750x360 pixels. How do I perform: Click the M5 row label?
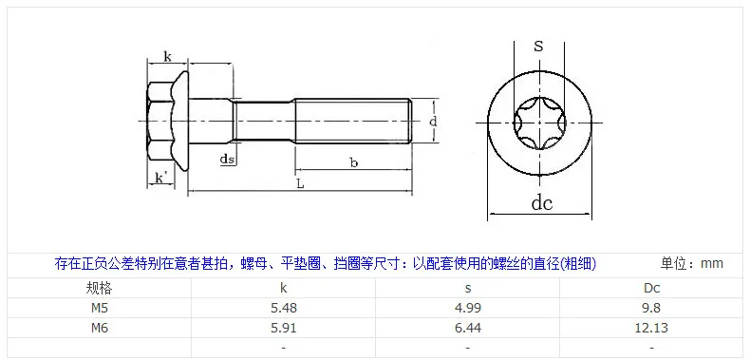[100, 308]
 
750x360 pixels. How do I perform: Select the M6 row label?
[100, 328]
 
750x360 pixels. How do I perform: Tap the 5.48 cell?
[284, 308]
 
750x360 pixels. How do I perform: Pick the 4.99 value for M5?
[468, 308]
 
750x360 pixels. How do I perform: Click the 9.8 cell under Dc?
[652, 308]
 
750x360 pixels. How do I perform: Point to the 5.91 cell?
[284, 328]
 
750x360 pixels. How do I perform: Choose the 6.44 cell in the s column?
[468, 328]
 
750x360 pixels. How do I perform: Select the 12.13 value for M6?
[652, 328]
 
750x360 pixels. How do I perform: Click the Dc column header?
[652, 288]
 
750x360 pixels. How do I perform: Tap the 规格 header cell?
[100, 288]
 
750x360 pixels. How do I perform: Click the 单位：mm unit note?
[692, 263]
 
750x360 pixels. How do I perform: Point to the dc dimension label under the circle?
[542, 203]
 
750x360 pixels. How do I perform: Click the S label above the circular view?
[539, 47]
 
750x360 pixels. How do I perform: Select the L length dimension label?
[300, 184]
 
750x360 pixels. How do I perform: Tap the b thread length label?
[354, 162]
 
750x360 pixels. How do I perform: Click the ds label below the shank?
[228, 159]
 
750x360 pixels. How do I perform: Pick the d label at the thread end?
[433, 122]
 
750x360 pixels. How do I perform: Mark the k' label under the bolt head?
[161, 178]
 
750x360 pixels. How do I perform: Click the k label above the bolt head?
[167, 57]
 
